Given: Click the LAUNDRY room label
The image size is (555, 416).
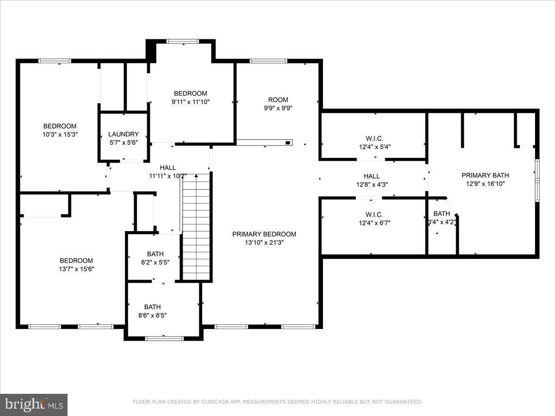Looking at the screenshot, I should pos(123,134).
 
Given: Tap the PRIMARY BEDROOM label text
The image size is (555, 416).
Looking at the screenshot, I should pos(264,234).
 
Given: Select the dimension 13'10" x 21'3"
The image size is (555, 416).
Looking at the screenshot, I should pos(264,242).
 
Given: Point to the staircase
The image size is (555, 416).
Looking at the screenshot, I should pos(197,226).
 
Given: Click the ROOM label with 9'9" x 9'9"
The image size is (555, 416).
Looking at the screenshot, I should pos(278,99).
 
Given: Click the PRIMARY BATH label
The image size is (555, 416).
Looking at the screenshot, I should pos(485,175).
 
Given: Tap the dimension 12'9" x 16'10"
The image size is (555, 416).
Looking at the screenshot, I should pos(485,184).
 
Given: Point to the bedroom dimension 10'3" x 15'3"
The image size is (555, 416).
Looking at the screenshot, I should pos(60,135).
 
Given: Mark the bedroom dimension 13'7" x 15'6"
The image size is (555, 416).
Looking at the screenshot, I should pos(76,269).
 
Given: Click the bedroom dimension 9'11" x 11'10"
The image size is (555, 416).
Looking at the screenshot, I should pos(190,102).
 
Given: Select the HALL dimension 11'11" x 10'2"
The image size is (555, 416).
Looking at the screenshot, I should pos(168,176).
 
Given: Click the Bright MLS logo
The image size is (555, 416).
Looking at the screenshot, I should pos(34,405).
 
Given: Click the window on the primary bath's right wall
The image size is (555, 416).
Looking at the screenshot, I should pos(537,180).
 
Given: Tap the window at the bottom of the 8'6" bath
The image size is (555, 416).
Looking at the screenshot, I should pos(165,338).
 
